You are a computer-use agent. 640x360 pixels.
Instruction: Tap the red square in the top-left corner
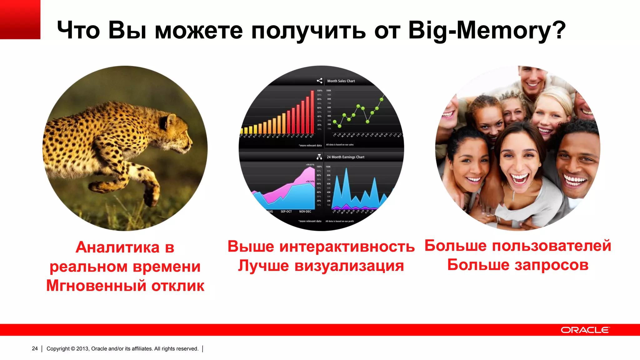[20, 19]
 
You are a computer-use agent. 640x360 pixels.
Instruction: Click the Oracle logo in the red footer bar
[585, 330]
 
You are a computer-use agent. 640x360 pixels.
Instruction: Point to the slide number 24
[35, 348]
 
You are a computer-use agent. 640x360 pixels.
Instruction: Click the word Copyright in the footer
[58, 348]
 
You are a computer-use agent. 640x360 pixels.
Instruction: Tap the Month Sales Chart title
[341, 81]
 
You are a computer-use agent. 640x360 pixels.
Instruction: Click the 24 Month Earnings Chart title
[345, 157]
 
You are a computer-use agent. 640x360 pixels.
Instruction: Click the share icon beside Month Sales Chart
[319, 81]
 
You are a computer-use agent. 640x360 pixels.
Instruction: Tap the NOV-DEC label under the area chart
[305, 212]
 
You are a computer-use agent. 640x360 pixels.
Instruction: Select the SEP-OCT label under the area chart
[286, 212]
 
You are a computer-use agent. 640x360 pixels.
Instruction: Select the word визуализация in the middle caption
[349, 266]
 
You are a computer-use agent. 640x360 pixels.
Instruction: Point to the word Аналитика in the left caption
[117, 247]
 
